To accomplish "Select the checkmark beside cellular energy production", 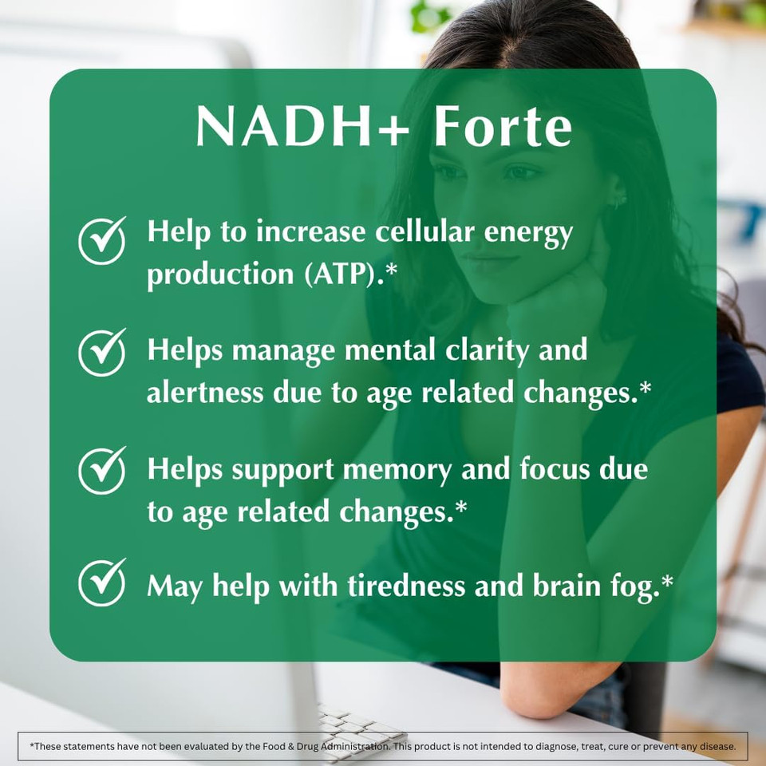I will point(102,239).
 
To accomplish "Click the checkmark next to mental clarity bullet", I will point(102,352).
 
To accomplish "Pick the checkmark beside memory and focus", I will point(102,470).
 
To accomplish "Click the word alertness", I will point(205,393).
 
